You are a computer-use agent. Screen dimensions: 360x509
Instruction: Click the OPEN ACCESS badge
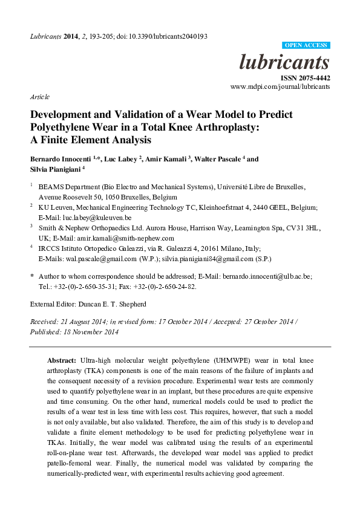tap(306, 45)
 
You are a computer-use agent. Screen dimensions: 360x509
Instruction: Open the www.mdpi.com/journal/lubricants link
tap(280, 87)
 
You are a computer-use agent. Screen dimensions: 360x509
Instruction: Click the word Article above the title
tap(39, 97)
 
